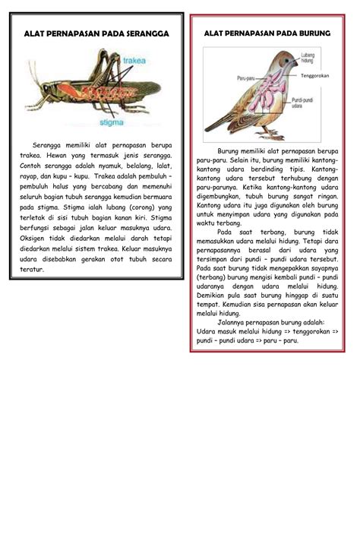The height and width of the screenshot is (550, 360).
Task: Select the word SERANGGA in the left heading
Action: (x=141, y=34)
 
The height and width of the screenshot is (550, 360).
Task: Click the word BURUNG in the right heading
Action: (x=312, y=34)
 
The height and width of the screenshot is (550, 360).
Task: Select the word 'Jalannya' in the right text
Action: (x=232, y=321)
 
